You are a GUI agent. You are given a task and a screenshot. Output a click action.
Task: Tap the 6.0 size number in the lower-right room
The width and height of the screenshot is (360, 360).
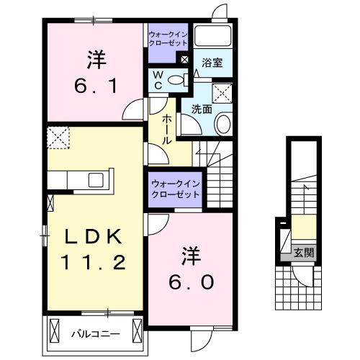189,282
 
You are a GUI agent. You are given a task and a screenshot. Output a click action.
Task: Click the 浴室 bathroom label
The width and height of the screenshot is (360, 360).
212,63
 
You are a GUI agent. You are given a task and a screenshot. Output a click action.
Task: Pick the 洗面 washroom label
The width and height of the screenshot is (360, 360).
202,109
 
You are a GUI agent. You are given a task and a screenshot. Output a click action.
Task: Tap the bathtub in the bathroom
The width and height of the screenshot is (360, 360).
214,36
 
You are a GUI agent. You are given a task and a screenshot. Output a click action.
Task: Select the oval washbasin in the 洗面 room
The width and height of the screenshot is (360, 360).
223,123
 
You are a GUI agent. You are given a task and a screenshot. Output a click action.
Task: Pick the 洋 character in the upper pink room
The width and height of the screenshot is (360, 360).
91,55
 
